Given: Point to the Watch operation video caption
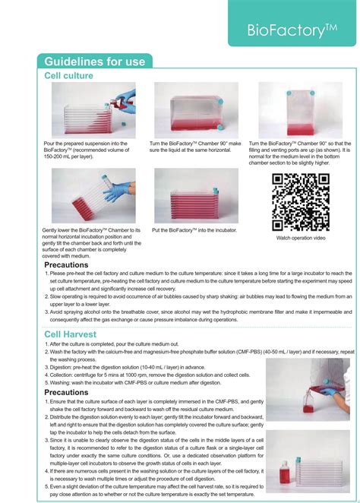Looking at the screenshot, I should point(300,238).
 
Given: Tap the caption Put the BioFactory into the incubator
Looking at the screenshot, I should point(194,229).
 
